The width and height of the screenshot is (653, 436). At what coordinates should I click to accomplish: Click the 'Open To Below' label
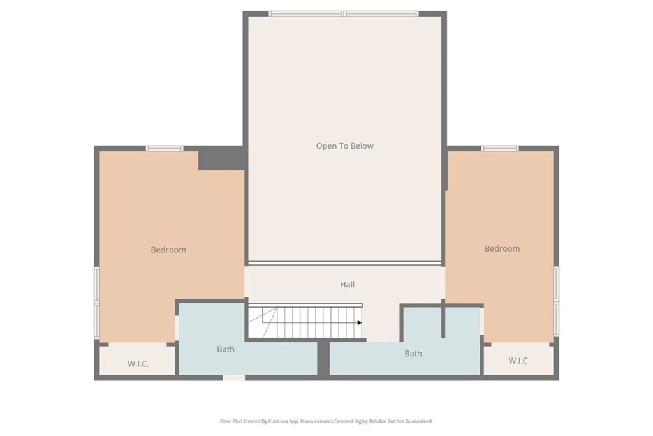344,146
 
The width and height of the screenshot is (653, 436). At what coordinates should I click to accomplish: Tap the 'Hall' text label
347,284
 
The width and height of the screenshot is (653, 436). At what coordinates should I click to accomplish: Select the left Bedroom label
168,250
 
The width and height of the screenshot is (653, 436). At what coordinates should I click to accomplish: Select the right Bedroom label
502,248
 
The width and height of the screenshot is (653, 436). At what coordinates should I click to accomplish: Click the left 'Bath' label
225,349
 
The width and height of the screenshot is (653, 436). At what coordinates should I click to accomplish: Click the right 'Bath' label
413,354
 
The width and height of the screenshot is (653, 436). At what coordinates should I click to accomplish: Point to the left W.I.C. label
138,364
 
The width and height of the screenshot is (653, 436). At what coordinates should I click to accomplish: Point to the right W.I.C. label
519,361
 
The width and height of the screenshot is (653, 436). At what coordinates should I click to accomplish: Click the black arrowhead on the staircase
360,322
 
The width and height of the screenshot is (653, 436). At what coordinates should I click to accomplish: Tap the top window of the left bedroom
165,148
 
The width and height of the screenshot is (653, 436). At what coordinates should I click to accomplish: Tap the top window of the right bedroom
500,148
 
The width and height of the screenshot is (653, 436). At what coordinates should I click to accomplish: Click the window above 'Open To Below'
344,14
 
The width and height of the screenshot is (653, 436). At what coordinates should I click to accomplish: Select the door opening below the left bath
233,378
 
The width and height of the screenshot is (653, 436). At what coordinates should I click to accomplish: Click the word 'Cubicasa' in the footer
279,421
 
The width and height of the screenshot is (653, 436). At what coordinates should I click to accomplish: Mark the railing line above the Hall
345,264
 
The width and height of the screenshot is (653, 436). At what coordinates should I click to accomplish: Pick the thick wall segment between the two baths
323,357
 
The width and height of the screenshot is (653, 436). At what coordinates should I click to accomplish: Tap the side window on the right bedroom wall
556,301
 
